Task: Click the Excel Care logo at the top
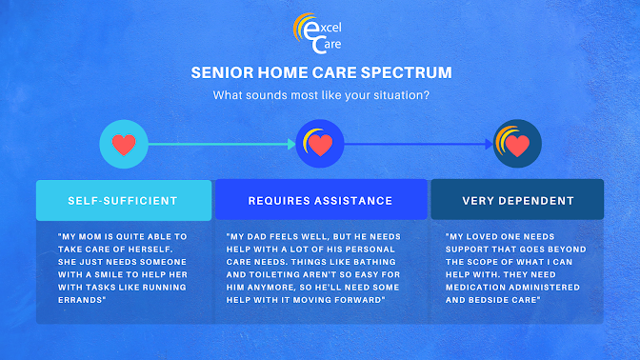click(317, 33)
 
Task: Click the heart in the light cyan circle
click(124, 145)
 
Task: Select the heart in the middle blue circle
click(320, 146)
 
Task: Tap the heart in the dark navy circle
click(517, 146)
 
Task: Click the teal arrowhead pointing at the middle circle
click(291, 144)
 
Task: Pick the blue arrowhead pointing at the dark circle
click(489, 144)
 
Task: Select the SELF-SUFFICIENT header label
click(123, 201)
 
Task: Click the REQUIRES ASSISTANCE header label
click(320, 201)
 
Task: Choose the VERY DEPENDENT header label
click(518, 201)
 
